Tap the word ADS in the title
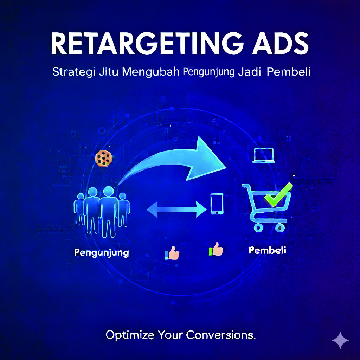(279, 44)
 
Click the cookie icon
(104, 158)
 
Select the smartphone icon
(217, 204)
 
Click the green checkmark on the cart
(278, 194)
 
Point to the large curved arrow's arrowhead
(207, 158)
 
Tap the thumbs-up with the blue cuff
(172, 253)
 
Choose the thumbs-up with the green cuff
(216, 249)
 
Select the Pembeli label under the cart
(267, 251)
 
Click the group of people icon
(101, 211)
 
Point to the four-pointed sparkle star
(340, 340)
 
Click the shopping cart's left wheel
(258, 228)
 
